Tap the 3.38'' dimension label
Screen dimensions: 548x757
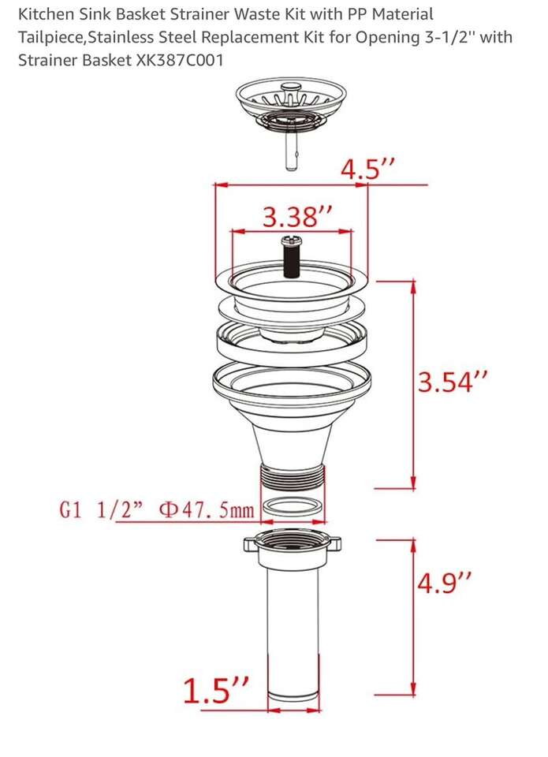click(x=297, y=217)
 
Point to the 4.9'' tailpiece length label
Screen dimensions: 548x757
click(x=444, y=583)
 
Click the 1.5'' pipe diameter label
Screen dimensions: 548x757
click(x=216, y=691)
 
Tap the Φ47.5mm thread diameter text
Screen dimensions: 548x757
click(x=207, y=510)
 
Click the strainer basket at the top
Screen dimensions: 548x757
click(x=291, y=107)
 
